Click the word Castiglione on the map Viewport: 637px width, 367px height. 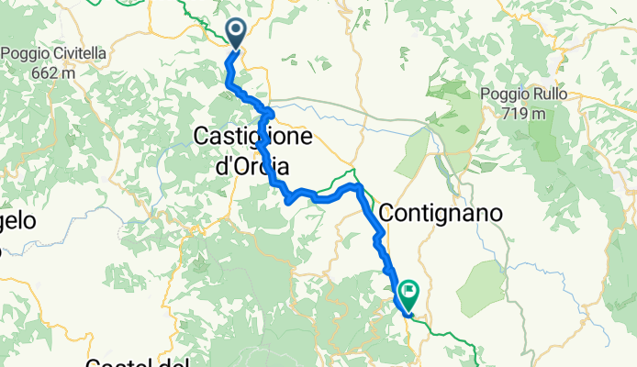(x=252, y=138)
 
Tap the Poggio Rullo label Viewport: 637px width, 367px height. (x=523, y=95)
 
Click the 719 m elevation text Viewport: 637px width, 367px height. (x=526, y=114)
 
